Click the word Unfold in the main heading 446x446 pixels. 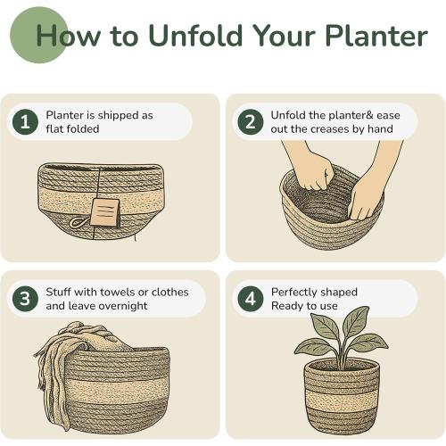coord(192,37)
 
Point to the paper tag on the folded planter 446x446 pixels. coord(105,212)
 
